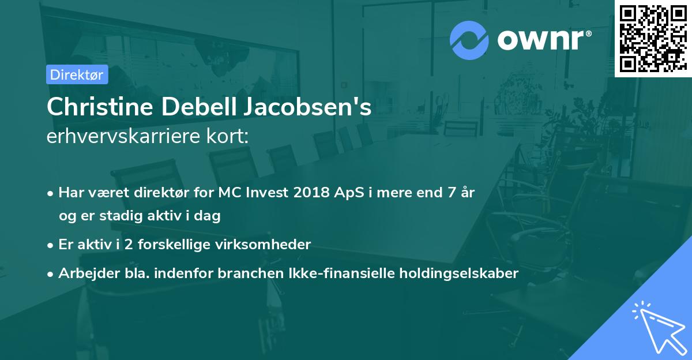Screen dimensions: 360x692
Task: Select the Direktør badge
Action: (77, 74)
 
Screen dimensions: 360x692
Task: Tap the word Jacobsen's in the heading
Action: (307, 107)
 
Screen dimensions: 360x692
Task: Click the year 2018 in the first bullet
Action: (311, 193)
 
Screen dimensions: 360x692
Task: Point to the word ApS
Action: (348, 193)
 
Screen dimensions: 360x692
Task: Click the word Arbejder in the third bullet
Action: (82, 273)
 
